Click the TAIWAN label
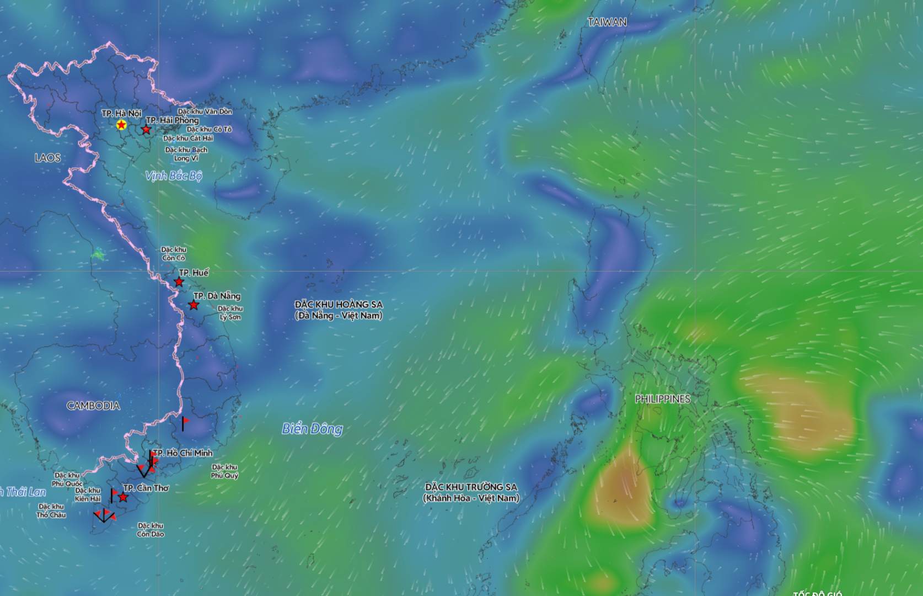(x=607, y=22)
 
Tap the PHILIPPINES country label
(x=662, y=399)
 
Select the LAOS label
(x=47, y=158)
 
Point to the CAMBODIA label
(x=93, y=406)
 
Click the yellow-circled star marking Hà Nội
(x=121, y=125)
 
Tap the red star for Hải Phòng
(x=146, y=130)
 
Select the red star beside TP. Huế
(x=179, y=283)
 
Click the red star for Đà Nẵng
(x=194, y=305)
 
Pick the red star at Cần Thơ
(x=124, y=498)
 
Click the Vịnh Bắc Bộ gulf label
(x=174, y=176)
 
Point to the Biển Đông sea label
(x=312, y=429)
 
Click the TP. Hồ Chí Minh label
(x=183, y=453)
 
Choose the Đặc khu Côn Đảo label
(x=151, y=530)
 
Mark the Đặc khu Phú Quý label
(x=224, y=471)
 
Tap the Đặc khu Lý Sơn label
(x=230, y=313)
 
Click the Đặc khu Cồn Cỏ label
(x=173, y=254)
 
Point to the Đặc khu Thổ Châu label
(x=51, y=511)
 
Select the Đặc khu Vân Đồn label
(x=205, y=111)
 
